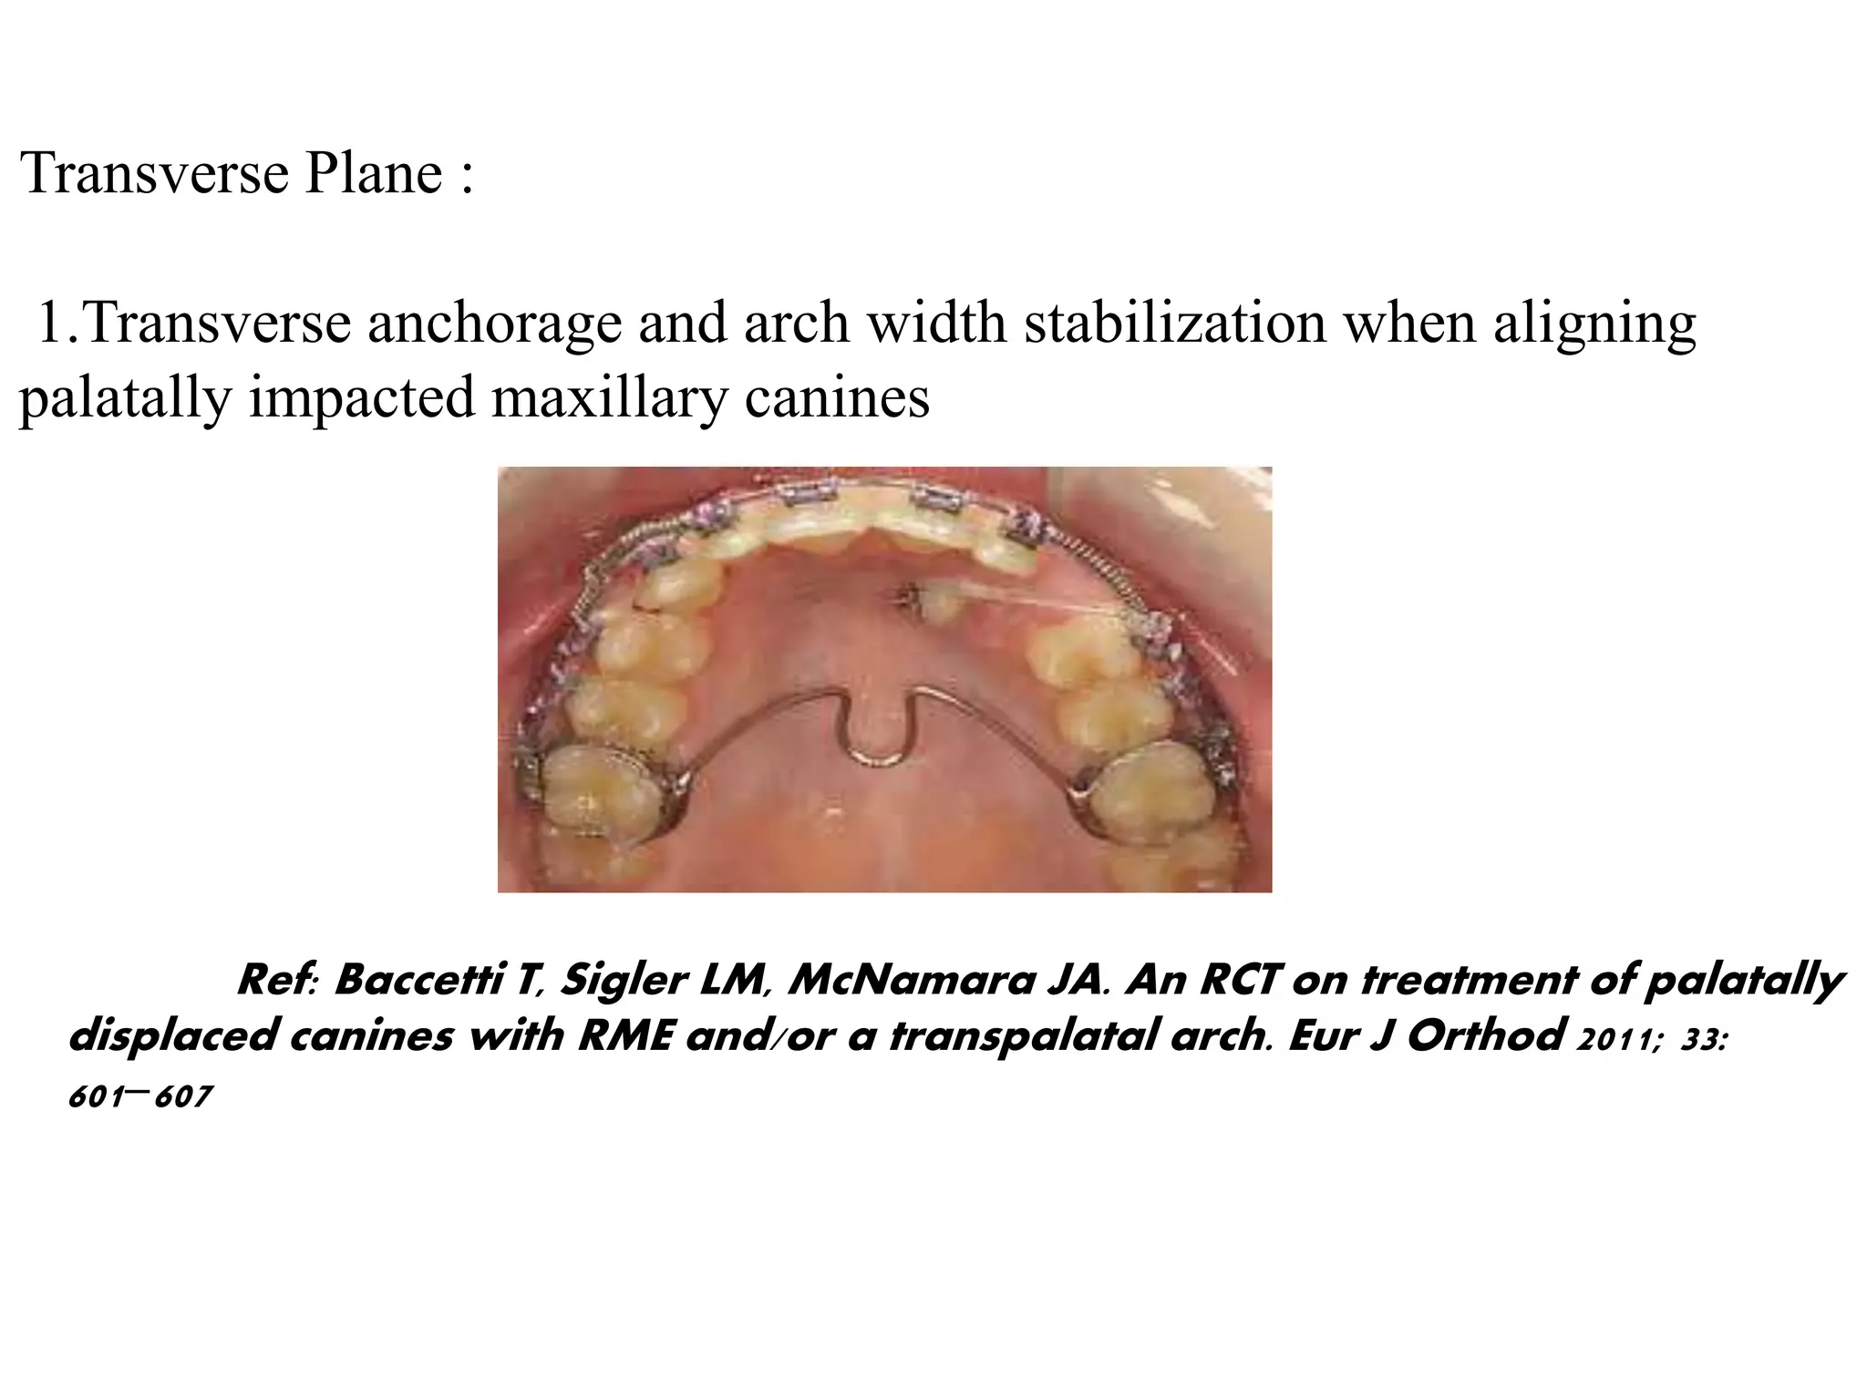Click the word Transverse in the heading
tap(155, 172)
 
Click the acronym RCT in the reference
tap(1239, 982)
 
